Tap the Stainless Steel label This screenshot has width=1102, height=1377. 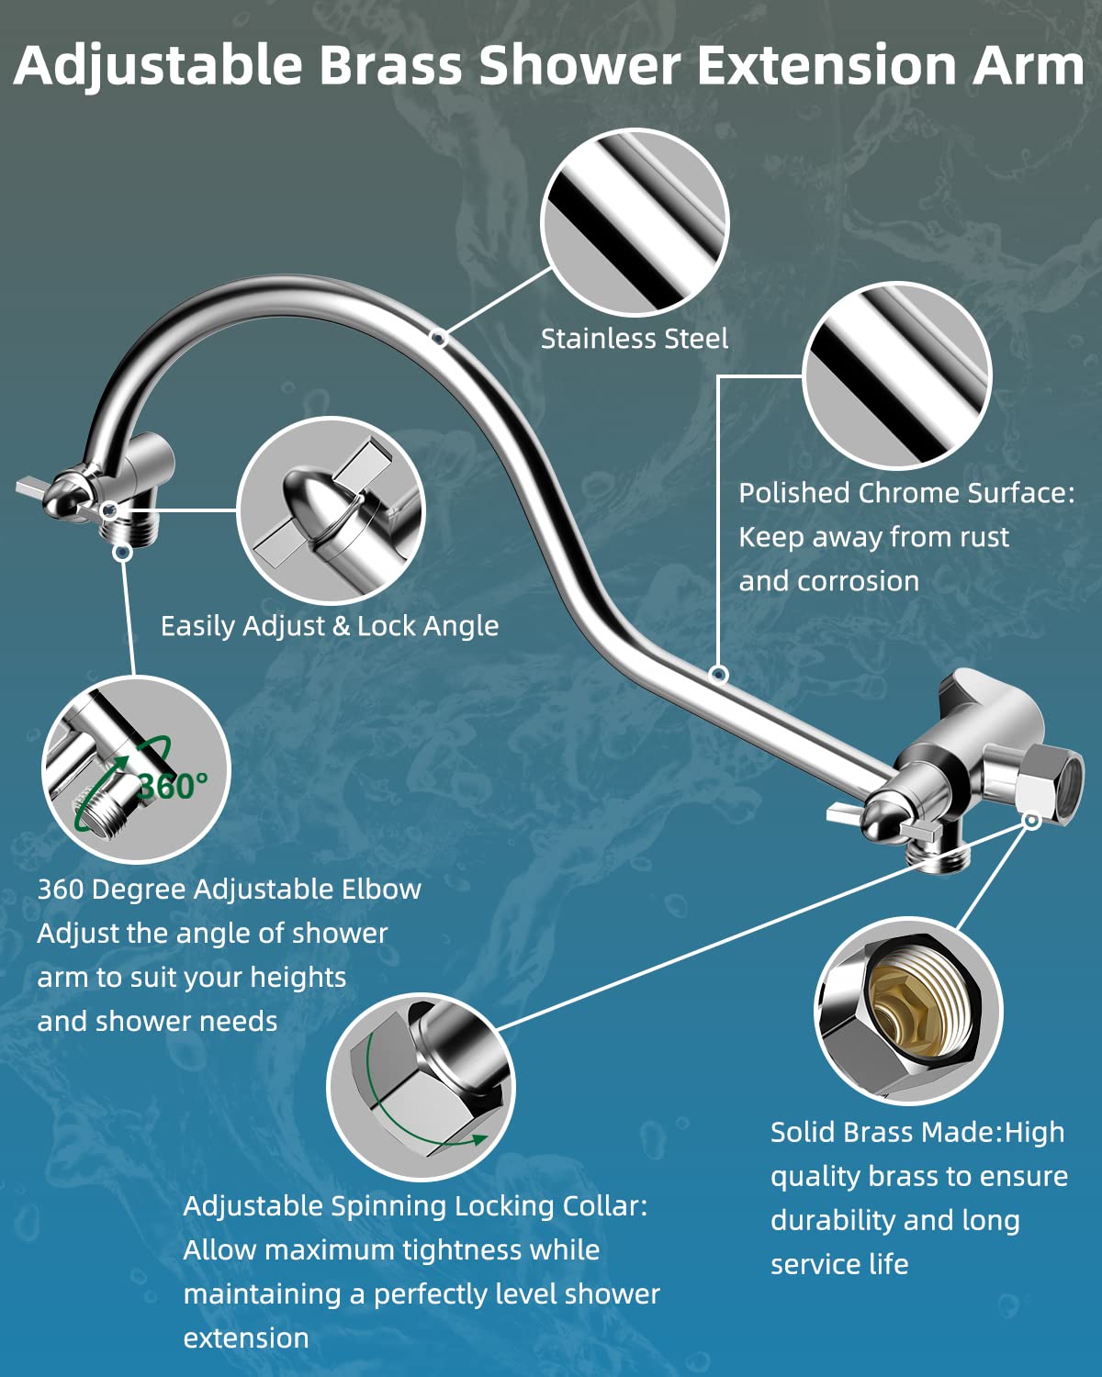(x=634, y=339)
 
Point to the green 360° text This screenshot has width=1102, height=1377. (x=173, y=786)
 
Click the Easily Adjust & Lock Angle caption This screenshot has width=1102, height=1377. (x=329, y=626)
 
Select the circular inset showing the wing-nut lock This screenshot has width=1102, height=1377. (x=331, y=510)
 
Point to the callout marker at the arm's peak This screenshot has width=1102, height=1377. (x=439, y=338)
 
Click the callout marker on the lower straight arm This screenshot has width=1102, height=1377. (x=719, y=675)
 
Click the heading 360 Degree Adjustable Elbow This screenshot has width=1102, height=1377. (x=229, y=890)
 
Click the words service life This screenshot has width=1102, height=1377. (x=838, y=1265)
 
